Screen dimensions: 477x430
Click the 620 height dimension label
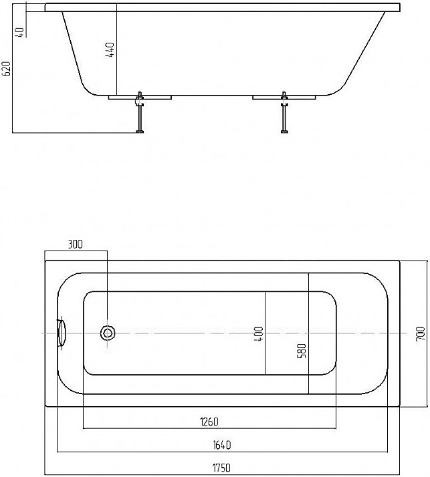[x=7, y=69]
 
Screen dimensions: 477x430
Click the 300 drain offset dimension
[x=75, y=245]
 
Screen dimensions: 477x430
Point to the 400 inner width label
[x=259, y=332]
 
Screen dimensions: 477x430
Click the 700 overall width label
[x=420, y=334]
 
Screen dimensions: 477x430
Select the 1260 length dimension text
[x=209, y=421]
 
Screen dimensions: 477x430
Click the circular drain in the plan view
[x=108, y=333]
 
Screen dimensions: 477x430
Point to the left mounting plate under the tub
[x=140, y=98]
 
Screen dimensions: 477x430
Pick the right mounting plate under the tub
[x=284, y=98]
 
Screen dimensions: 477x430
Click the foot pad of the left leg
[x=140, y=131]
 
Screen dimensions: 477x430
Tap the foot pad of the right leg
[x=284, y=131]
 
